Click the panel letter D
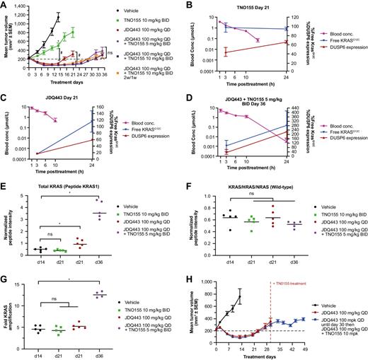click(x=190, y=98)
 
